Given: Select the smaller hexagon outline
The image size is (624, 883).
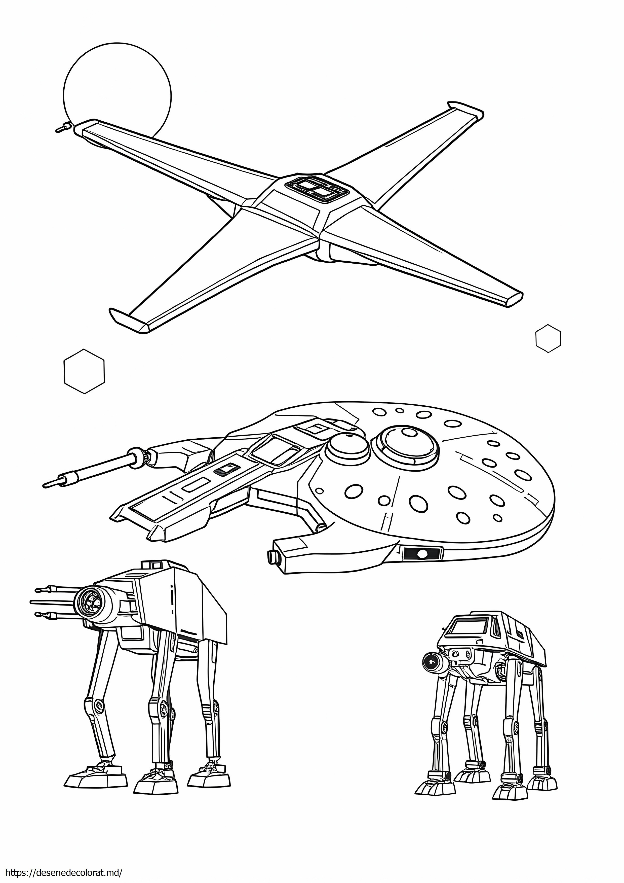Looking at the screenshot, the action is pos(548,338).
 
